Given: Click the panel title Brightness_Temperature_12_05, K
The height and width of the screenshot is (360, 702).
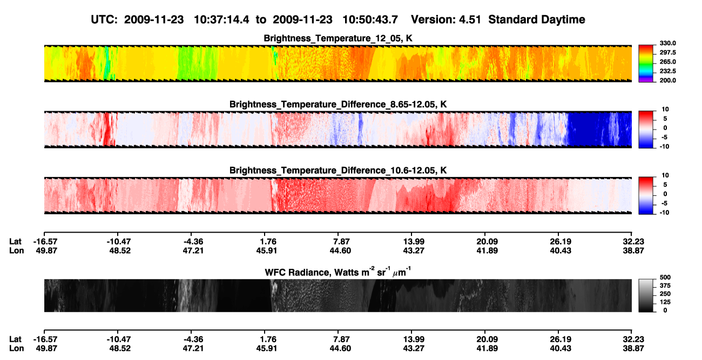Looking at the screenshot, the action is coord(338,38).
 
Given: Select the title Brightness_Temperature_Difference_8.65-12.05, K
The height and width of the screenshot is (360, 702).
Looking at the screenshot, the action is coord(338,104).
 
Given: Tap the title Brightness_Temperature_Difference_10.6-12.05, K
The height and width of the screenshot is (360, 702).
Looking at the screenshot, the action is coord(338,171).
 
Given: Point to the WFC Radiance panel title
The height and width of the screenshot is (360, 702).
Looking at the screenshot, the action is coord(337,272).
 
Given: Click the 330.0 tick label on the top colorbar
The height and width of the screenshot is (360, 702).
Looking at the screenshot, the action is coord(667,43).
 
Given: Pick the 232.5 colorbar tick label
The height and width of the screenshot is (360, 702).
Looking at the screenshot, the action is coord(667,71).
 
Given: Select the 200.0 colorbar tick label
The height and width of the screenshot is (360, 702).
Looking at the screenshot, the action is coord(667,80).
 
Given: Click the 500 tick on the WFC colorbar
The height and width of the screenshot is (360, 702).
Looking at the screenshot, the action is coord(665,277).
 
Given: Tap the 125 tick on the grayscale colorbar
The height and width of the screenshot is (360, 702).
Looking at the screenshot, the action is coord(665,302).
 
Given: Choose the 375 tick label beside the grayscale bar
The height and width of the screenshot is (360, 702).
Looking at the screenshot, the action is coord(665,286).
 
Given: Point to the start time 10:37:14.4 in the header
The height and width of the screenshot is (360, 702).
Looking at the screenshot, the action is coord(221,19).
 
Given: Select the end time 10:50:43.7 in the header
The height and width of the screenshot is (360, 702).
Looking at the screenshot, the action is coord(370,19).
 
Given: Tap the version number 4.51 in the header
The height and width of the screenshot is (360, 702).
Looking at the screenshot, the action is coord(470,19).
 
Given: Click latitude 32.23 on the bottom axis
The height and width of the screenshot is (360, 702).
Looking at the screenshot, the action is coord(633,339).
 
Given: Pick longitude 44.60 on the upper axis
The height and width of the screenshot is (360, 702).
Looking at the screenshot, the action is coord(340,250).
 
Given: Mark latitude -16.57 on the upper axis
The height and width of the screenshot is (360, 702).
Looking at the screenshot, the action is coord(45,242).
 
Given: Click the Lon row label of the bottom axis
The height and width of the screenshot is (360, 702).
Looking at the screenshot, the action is coord(17,349).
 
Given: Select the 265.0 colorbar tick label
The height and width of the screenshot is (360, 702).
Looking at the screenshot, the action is coord(667,62).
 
